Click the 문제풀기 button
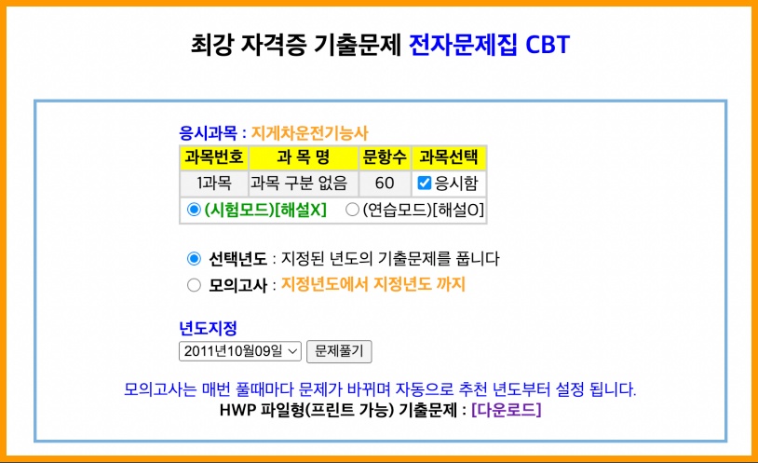point(339,351)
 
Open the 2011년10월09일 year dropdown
point(240,351)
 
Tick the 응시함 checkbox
point(425,184)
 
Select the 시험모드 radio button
point(194,210)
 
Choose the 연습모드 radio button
point(352,210)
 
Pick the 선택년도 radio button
point(194,258)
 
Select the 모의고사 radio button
point(194,284)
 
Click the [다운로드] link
point(506,409)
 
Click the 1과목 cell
point(214,184)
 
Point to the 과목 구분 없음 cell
point(303,184)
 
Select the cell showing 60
point(385,184)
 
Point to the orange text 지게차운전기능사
point(316,133)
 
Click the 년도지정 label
point(208,328)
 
